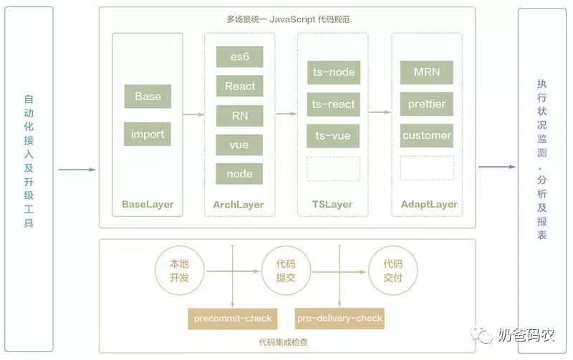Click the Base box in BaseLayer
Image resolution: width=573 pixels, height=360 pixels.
pyautogui.click(x=148, y=97)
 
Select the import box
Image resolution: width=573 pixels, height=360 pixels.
pyautogui.click(x=148, y=134)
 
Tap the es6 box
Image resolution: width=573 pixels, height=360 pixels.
pyautogui.click(x=239, y=57)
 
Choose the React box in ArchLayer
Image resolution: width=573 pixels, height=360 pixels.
pyautogui.click(x=239, y=87)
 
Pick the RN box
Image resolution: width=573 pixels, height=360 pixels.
pyautogui.click(x=239, y=116)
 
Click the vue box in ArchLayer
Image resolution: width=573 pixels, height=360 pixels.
pyautogui.click(x=239, y=145)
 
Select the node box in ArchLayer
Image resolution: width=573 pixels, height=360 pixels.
pyautogui.click(x=239, y=174)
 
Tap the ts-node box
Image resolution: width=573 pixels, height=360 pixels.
pyautogui.click(x=333, y=72)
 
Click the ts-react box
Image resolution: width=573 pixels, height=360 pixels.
pyautogui.click(x=333, y=104)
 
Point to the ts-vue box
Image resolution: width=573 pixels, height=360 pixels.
pyautogui.click(x=333, y=135)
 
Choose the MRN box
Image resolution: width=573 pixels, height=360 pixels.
pyautogui.click(x=427, y=72)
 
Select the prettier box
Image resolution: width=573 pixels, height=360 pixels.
pyautogui.click(x=427, y=104)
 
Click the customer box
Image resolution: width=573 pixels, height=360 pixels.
pyautogui.click(x=427, y=135)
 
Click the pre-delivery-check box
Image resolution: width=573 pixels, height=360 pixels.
pyautogui.click(x=340, y=318)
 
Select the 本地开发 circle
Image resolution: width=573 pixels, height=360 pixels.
pyautogui.click(x=179, y=271)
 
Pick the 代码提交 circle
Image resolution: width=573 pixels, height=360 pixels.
pyautogui.click(x=285, y=271)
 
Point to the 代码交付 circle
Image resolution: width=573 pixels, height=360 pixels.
pyautogui.click(x=392, y=271)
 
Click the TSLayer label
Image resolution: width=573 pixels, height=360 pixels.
pyautogui.click(x=332, y=204)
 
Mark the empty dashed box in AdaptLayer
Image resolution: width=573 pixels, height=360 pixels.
pyautogui.click(x=427, y=168)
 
